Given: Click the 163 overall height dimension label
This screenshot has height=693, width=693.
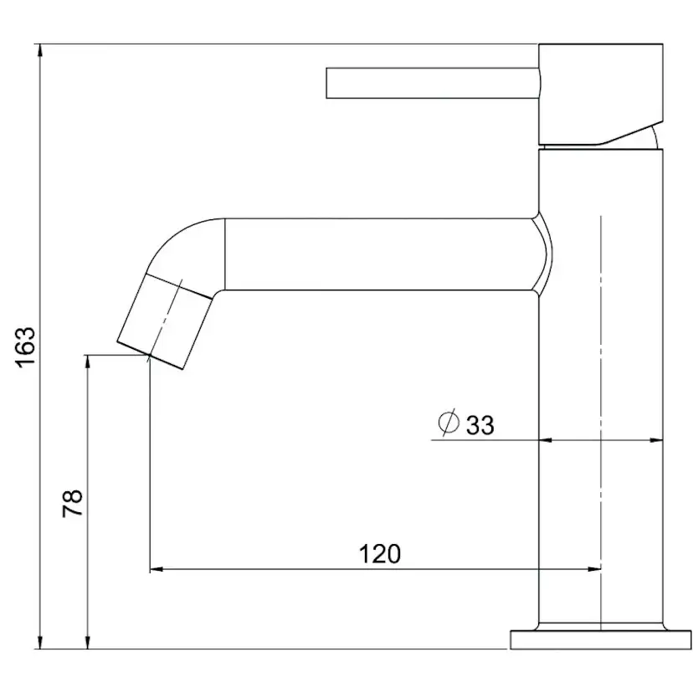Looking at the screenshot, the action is point(25,346).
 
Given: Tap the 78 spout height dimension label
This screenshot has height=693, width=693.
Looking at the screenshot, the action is point(73,503).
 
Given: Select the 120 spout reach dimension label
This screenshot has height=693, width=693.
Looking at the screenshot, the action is point(380,554).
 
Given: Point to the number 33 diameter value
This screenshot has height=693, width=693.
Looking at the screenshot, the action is point(480,425).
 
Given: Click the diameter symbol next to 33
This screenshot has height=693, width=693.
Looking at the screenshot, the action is point(449,423).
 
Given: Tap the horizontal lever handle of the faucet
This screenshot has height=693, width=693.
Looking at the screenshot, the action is point(433,83).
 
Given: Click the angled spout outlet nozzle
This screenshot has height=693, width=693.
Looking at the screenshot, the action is point(164,321).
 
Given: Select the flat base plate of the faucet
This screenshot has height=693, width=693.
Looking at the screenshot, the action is point(601,639).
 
